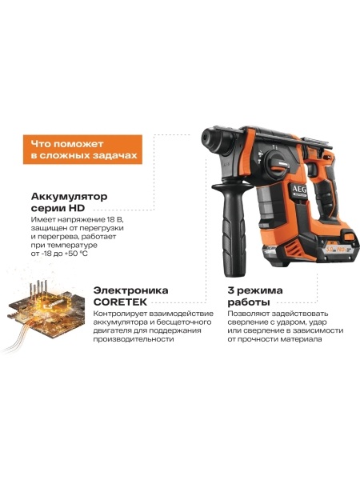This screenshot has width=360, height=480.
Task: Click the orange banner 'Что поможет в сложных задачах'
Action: pos(81,149)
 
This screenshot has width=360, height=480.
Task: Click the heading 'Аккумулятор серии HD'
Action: pos(68,202)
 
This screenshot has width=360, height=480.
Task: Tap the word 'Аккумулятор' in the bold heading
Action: pos(69,196)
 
